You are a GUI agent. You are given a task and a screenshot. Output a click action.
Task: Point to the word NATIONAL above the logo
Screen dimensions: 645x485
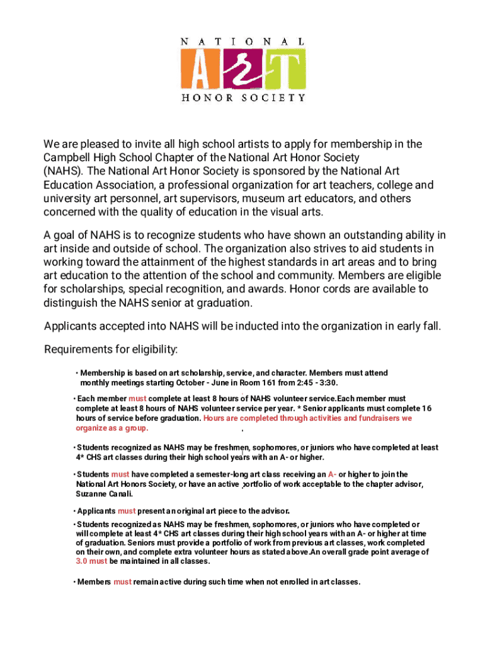pos(243,42)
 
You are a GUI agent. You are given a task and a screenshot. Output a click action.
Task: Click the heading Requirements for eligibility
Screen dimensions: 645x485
pos(111,350)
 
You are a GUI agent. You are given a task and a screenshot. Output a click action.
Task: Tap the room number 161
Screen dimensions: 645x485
pos(278,382)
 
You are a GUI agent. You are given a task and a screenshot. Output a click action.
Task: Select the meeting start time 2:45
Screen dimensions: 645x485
pos(309,382)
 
